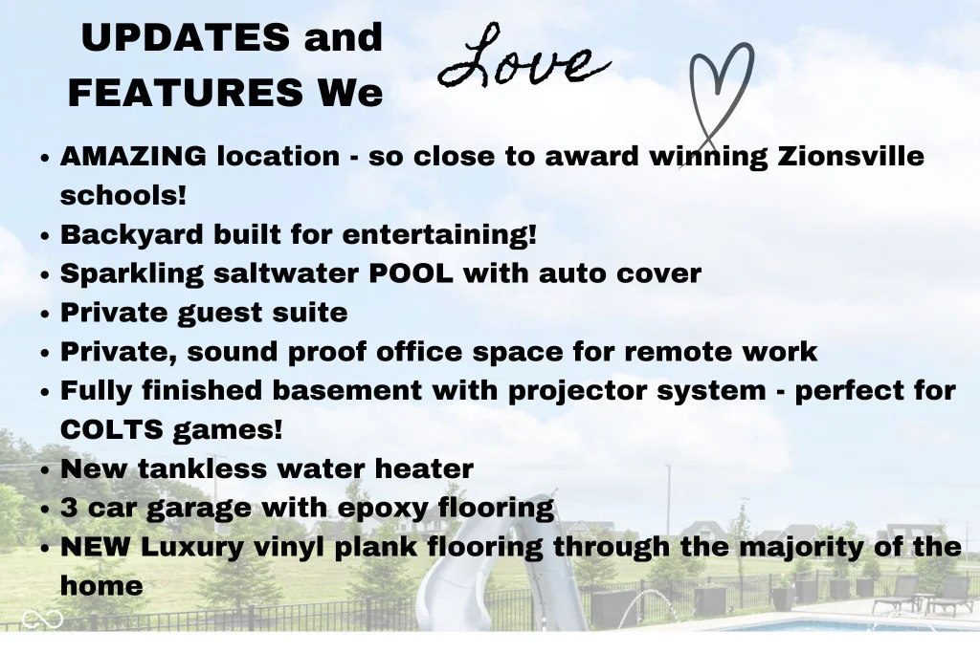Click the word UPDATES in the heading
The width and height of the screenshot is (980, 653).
(x=185, y=37)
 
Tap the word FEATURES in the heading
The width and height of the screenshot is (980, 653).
(x=185, y=93)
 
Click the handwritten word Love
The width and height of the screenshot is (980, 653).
(x=523, y=57)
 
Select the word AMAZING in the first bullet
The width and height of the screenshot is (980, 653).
(x=133, y=156)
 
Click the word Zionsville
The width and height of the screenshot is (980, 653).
(x=851, y=156)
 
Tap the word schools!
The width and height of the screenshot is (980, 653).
(x=123, y=195)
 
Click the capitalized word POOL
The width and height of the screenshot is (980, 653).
(x=411, y=273)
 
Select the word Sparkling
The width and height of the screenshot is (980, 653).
(x=131, y=274)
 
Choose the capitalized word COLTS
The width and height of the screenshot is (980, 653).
(x=111, y=430)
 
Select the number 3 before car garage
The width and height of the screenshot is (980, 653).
(x=69, y=509)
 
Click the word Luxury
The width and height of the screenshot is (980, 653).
(x=191, y=548)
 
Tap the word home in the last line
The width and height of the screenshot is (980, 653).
(x=101, y=586)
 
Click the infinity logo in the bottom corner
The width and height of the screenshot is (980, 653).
(x=42, y=620)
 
